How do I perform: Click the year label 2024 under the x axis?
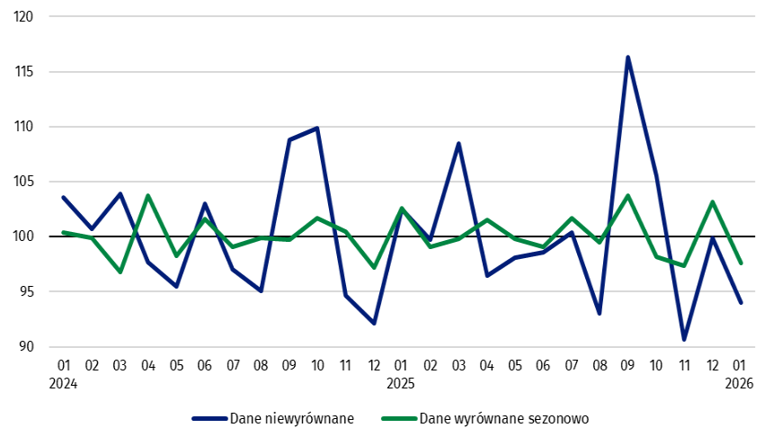coord(64,383)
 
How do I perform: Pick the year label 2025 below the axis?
coord(401,383)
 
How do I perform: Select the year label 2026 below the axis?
coord(740,383)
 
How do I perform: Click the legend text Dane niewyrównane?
coord(291,418)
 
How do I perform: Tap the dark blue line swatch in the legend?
coord(209,418)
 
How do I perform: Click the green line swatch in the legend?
coord(398,418)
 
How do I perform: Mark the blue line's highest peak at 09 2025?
coord(627,57)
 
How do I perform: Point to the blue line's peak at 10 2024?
coord(317,128)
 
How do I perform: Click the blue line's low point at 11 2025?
coord(684,340)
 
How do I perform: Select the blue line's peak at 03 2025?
coord(458,143)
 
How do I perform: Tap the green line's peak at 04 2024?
coord(148,195)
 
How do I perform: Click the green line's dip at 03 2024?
coord(120,272)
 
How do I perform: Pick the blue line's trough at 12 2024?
coord(374,323)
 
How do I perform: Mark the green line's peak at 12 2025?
coord(712,201)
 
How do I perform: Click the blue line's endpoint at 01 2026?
coord(741,303)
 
